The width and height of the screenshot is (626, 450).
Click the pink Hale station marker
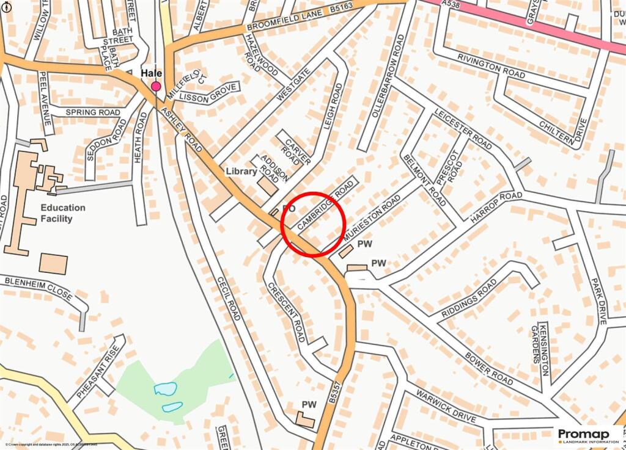tap(156, 86)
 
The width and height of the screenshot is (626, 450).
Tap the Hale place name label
tap(152, 73)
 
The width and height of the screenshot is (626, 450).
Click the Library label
tap(241, 172)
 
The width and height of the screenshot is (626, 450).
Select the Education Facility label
tap(63, 213)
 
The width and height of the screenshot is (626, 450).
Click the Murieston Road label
tap(372, 217)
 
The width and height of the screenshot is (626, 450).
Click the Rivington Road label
tap(491, 63)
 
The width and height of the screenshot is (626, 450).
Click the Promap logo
tap(589, 435)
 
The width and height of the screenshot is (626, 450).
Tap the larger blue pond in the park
tap(166, 388)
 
